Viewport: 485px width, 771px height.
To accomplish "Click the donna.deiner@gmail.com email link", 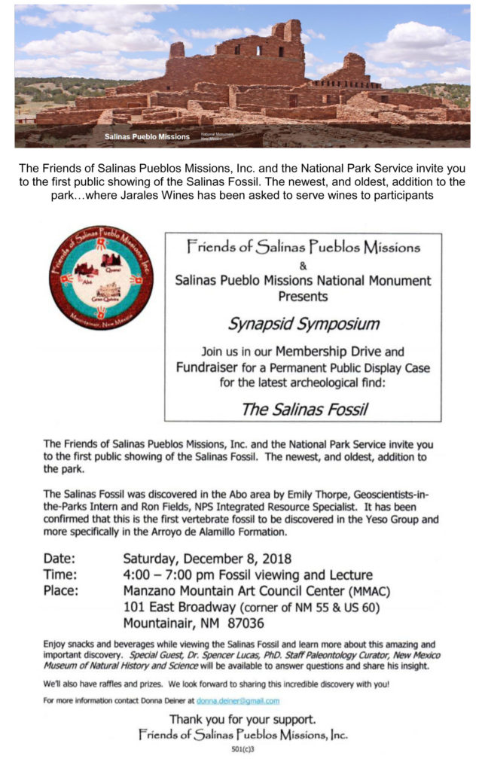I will point(237,701).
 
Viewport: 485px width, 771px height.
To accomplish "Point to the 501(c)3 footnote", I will point(242,749).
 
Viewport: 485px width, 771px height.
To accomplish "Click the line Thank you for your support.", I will point(242,719).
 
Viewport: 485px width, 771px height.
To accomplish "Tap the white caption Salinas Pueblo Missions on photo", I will point(147,137).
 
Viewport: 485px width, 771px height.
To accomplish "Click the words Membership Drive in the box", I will point(328,352).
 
